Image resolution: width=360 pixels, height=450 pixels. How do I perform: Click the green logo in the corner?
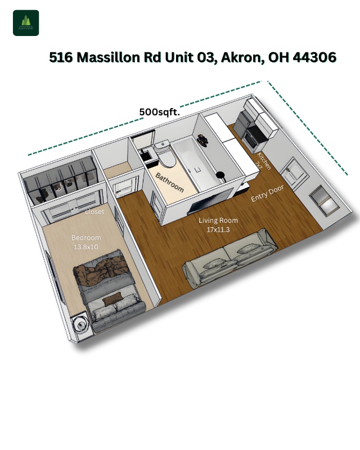tap(26, 23)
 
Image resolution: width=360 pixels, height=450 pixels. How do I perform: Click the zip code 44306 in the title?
tap(315, 57)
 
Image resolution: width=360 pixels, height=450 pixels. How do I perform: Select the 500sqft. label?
tap(159, 112)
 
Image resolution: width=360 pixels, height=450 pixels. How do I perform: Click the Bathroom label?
tap(170, 182)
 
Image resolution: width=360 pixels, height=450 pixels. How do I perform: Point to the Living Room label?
tap(218, 220)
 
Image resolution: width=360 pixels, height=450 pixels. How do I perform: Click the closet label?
tap(94, 212)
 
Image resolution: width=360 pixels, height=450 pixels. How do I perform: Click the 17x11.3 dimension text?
tap(218, 229)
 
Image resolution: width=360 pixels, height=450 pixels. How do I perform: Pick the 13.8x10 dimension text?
tap(85, 246)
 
